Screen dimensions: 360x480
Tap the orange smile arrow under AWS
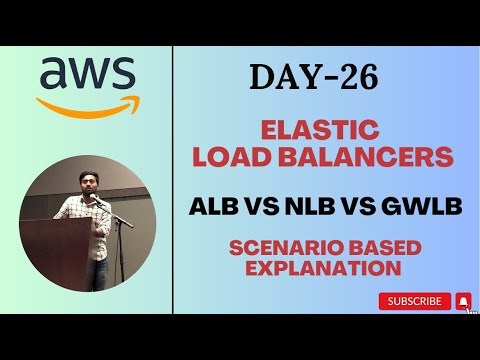86,102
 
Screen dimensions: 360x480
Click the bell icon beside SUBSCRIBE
463,300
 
